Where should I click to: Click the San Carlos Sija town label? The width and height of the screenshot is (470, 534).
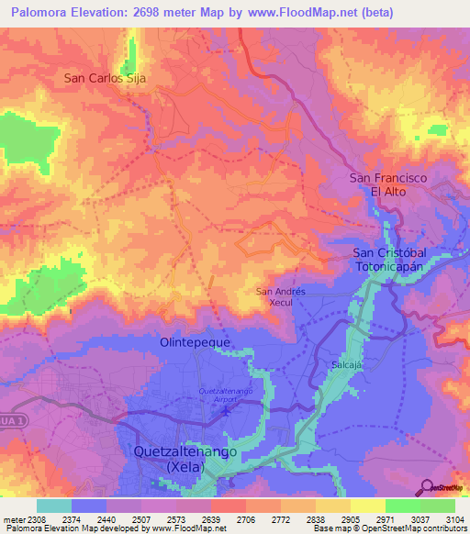[x=105, y=78]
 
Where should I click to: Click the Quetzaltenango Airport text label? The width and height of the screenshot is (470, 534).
[x=226, y=396]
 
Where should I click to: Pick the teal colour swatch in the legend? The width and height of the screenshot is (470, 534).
[x=53, y=506]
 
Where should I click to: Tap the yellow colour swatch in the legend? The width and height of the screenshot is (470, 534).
[x=367, y=506]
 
